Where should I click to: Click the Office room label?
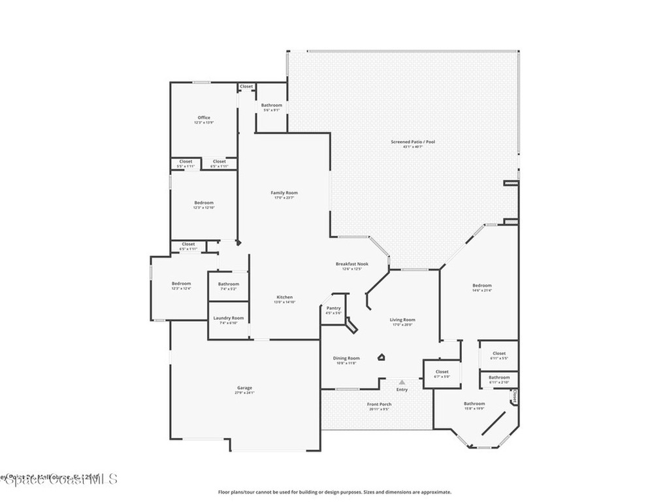pyautogui.click(x=204, y=118)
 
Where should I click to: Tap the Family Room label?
pyautogui.click(x=284, y=193)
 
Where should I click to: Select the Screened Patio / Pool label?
pyautogui.click(x=413, y=142)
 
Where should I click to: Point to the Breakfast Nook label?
pyautogui.click(x=352, y=264)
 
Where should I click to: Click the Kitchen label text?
pyautogui.click(x=284, y=297)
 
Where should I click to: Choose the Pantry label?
pyautogui.click(x=333, y=308)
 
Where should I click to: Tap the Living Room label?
pyautogui.click(x=402, y=320)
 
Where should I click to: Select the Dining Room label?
pyautogui.click(x=346, y=358)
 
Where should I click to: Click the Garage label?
pyautogui.click(x=244, y=388)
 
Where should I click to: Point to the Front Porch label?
pyautogui.click(x=380, y=405)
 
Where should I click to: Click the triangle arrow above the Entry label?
pyautogui.click(x=402, y=382)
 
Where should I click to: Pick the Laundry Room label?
pyautogui.click(x=229, y=318)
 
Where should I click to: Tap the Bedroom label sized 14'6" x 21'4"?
pyautogui.click(x=482, y=286)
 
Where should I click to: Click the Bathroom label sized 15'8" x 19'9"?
pyautogui.click(x=474, y=404)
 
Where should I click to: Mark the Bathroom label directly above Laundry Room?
pyautogui.click(x=229, y=284)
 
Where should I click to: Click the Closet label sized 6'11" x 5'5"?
pyautogui.click(x=499, y=354)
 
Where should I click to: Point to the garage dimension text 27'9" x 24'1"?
pyautogui.click(x=244, y=393)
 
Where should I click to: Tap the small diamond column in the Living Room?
pyautogui.click(x=382, y=357)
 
